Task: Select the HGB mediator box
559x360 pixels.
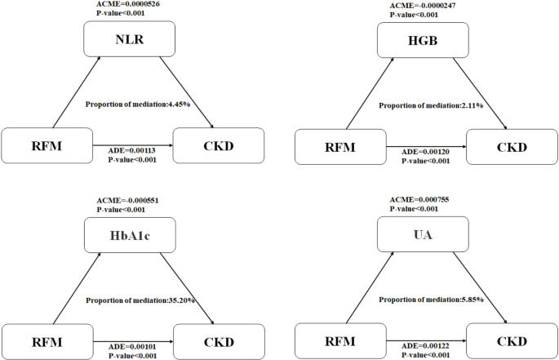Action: coord(424,39)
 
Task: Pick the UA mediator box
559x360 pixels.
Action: coord(424,237)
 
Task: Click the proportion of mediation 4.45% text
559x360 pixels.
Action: coord(137,104)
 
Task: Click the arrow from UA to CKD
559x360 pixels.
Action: coord(475,288)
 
